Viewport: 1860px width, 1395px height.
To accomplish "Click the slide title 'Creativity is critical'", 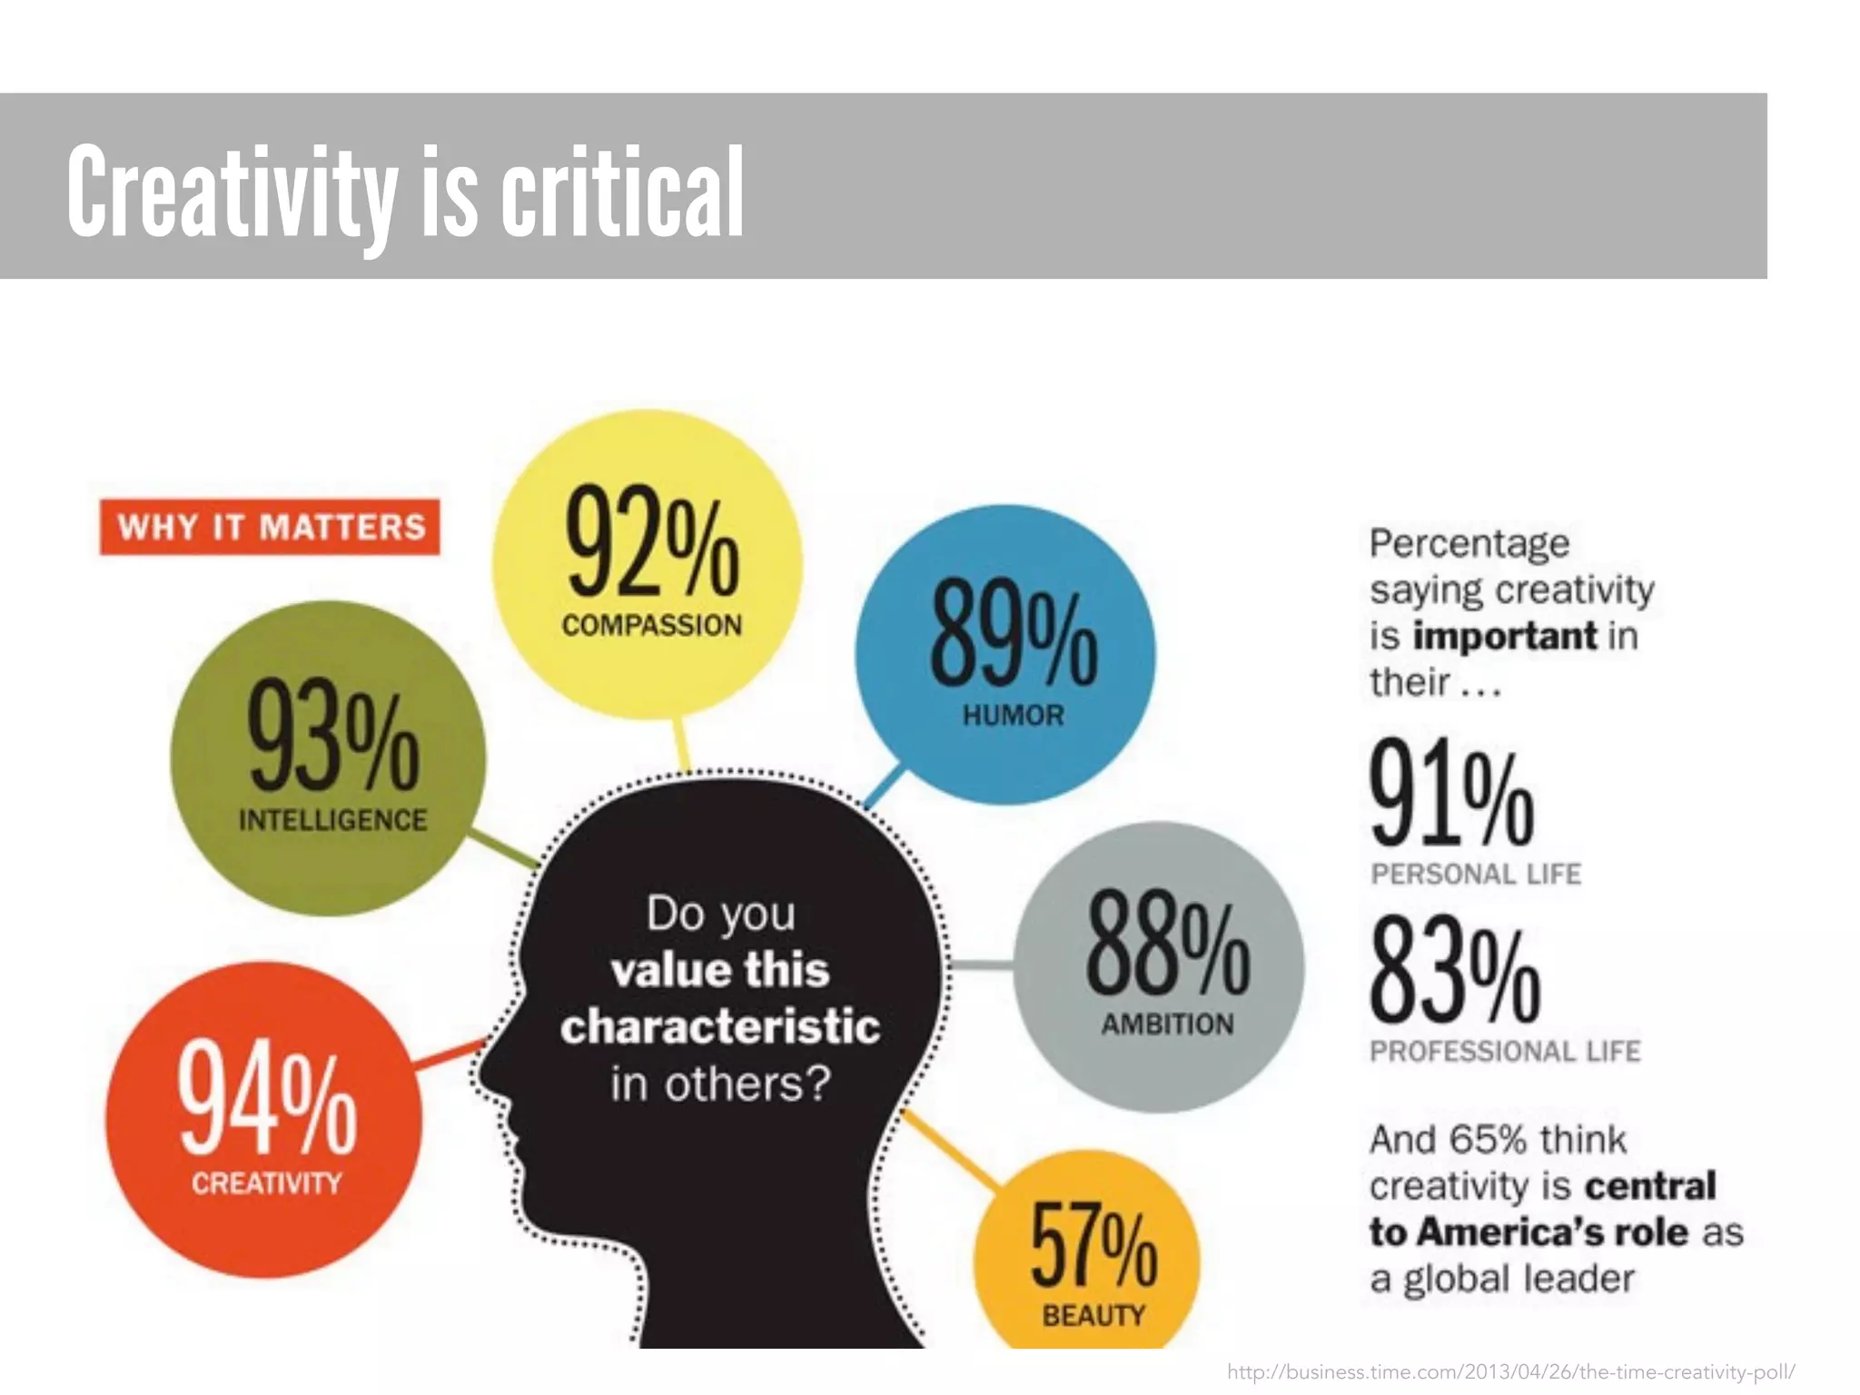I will [405, 193].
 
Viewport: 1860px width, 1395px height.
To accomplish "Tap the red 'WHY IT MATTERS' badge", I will [270, 527].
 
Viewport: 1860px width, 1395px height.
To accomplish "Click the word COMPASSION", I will [651, 626].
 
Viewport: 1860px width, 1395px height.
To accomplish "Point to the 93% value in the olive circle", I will [333, 737].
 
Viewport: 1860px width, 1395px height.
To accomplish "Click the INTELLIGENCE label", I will [332, 820].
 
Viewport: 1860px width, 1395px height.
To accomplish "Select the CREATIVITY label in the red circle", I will [266, 1183].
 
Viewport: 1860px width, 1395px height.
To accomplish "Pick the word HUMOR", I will [1013, 716].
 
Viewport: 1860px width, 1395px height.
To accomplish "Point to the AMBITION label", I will [1167, 1024].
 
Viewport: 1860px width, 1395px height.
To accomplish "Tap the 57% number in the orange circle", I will [1093, 1245].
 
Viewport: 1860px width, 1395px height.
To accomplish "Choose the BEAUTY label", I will [1093, 1315].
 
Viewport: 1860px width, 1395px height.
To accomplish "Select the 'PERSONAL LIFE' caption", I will [1476, 874].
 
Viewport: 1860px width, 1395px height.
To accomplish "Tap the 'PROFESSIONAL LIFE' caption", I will [1505, 1052].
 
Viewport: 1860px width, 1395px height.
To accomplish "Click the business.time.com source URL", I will [1510, 1371].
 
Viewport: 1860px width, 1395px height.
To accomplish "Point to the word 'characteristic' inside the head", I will [720, 1027].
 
